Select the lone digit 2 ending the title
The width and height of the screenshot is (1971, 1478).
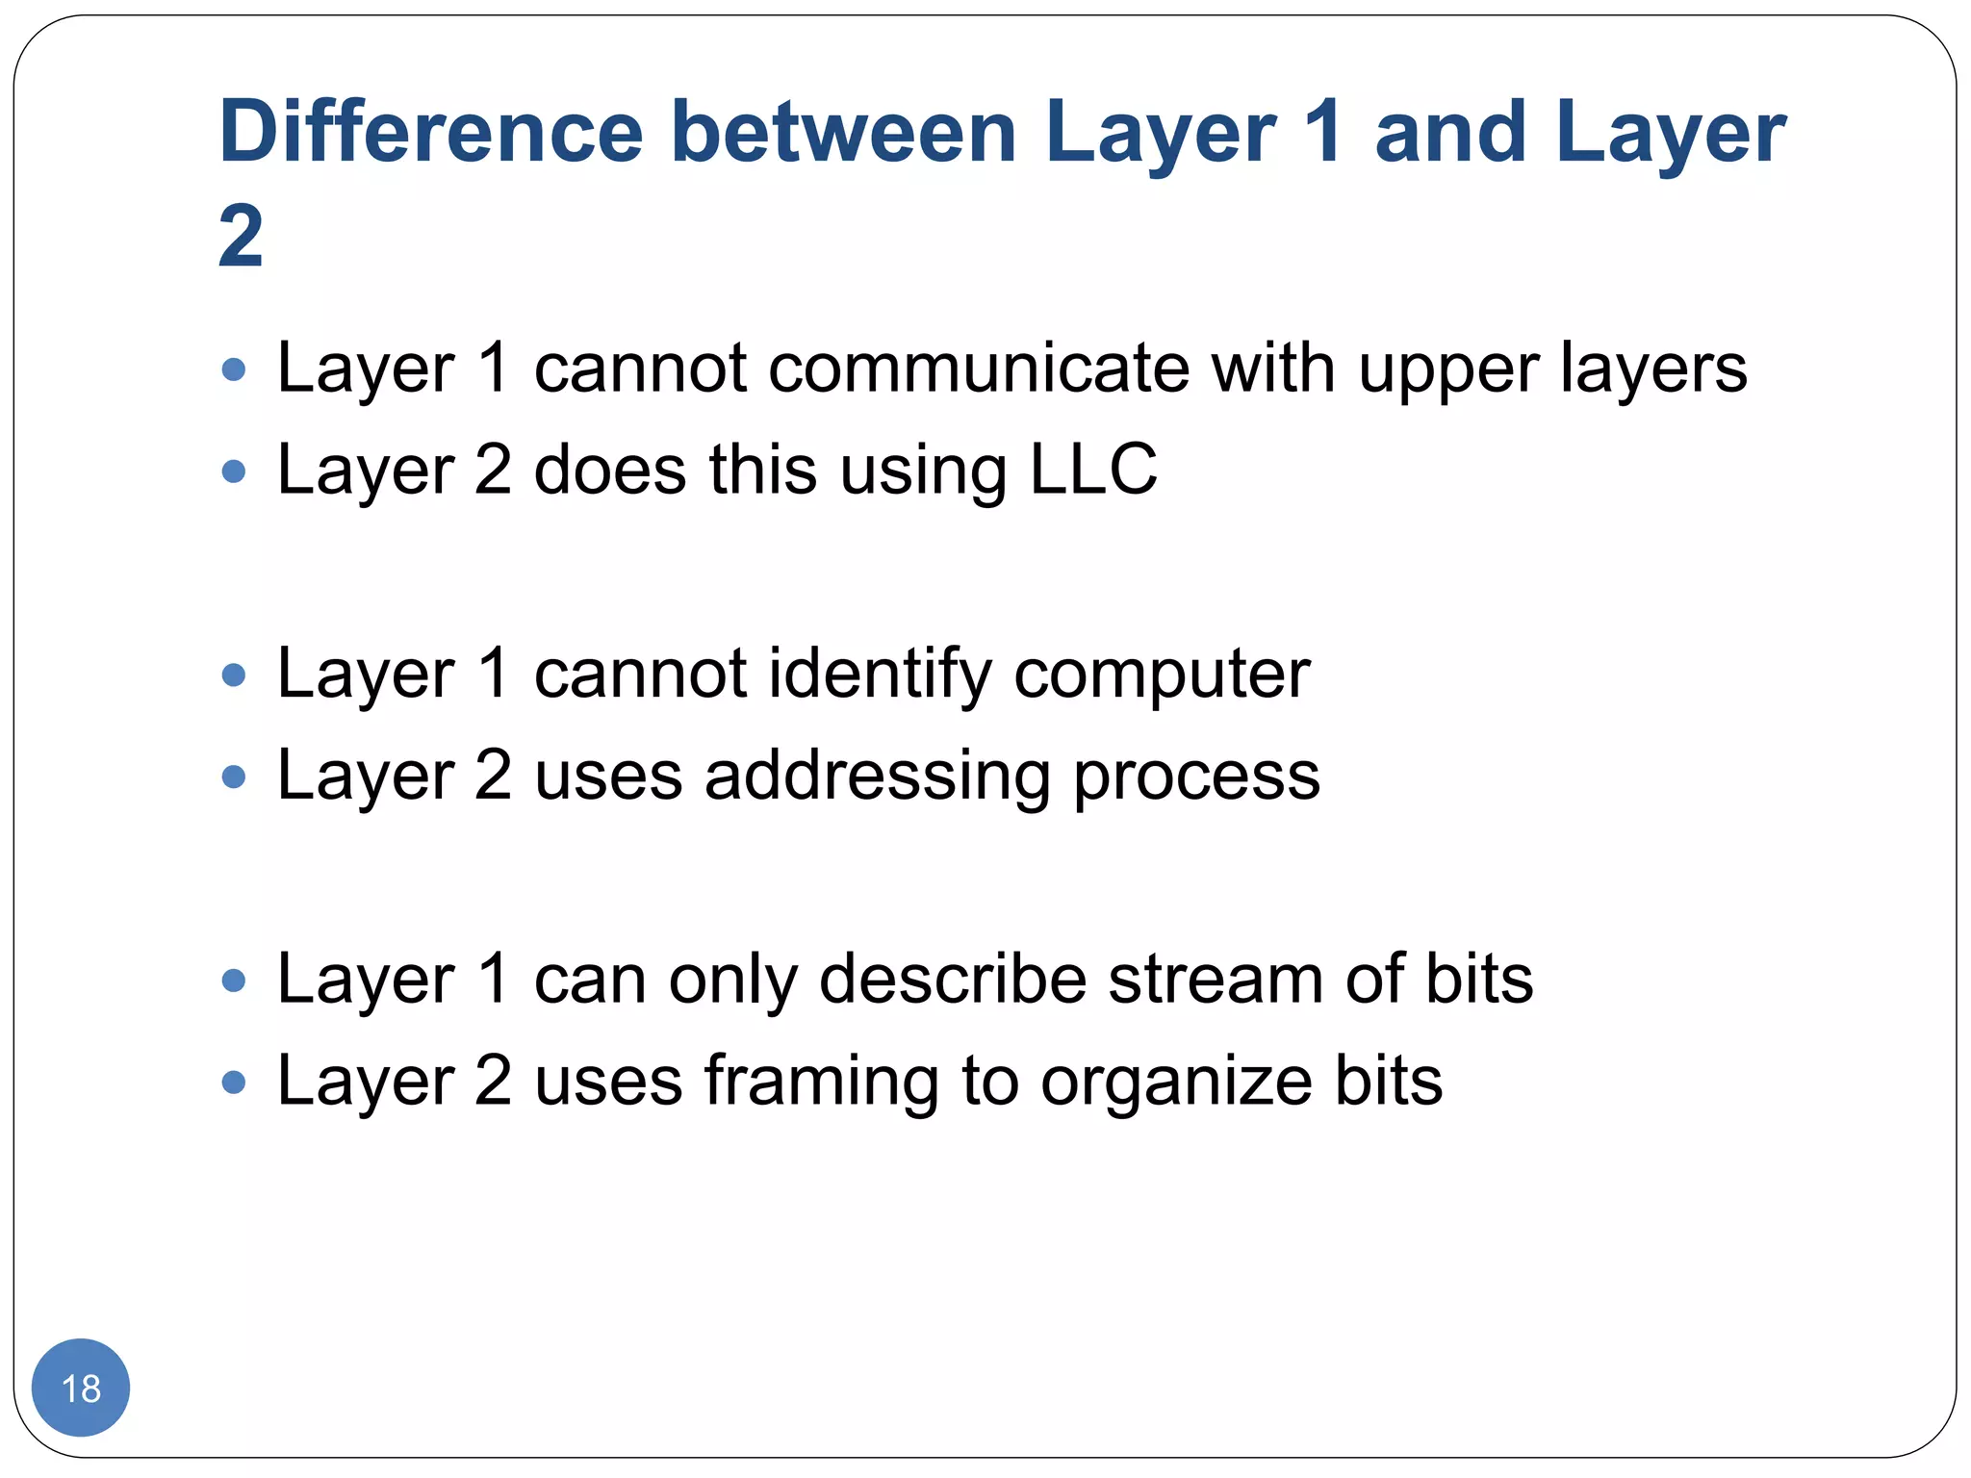point(241,236)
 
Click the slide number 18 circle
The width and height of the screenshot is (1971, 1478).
point(81,1388)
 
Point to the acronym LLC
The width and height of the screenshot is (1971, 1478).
point(1093,470)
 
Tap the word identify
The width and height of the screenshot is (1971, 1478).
point(880,674)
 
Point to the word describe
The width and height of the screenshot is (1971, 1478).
point(952,980)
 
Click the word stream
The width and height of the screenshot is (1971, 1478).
point(1216,980)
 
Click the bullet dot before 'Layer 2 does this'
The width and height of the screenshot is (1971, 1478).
point(234,471)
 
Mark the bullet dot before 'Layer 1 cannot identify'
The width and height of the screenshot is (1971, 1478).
point(234,675)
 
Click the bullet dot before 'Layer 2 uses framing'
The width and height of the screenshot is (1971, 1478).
point(234,1083)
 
